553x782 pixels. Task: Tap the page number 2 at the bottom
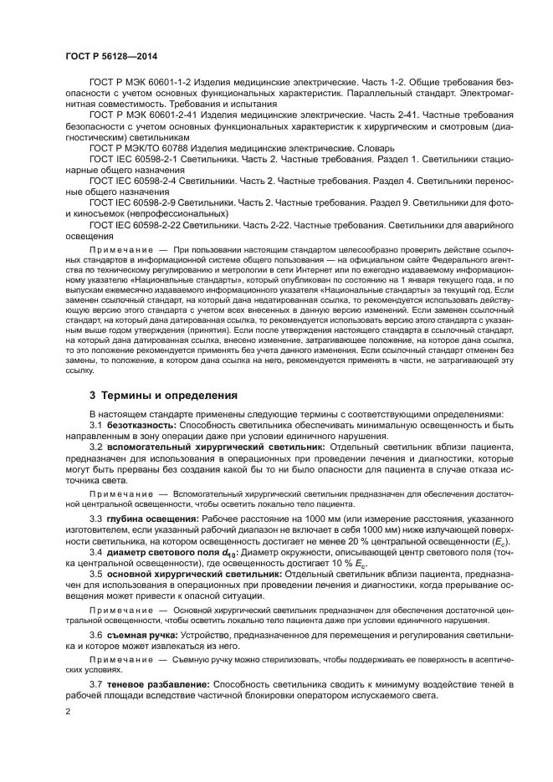pos(68,711)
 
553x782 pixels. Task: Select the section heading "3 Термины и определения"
pos(163,394)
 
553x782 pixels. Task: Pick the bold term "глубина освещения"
pos(148,519)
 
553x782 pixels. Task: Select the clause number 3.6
pos(96,636)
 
